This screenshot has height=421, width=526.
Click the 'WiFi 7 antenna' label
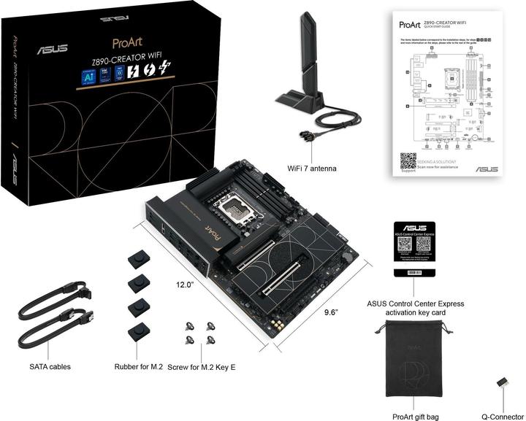tap(311, 169)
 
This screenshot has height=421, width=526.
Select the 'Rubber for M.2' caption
tap(138, 366)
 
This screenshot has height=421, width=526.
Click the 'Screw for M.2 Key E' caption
tap(202, 366)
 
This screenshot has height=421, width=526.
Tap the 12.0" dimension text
tap(184, 285)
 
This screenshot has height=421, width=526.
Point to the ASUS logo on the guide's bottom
tap(487, 169)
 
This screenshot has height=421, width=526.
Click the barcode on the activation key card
tap(415, 272)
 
